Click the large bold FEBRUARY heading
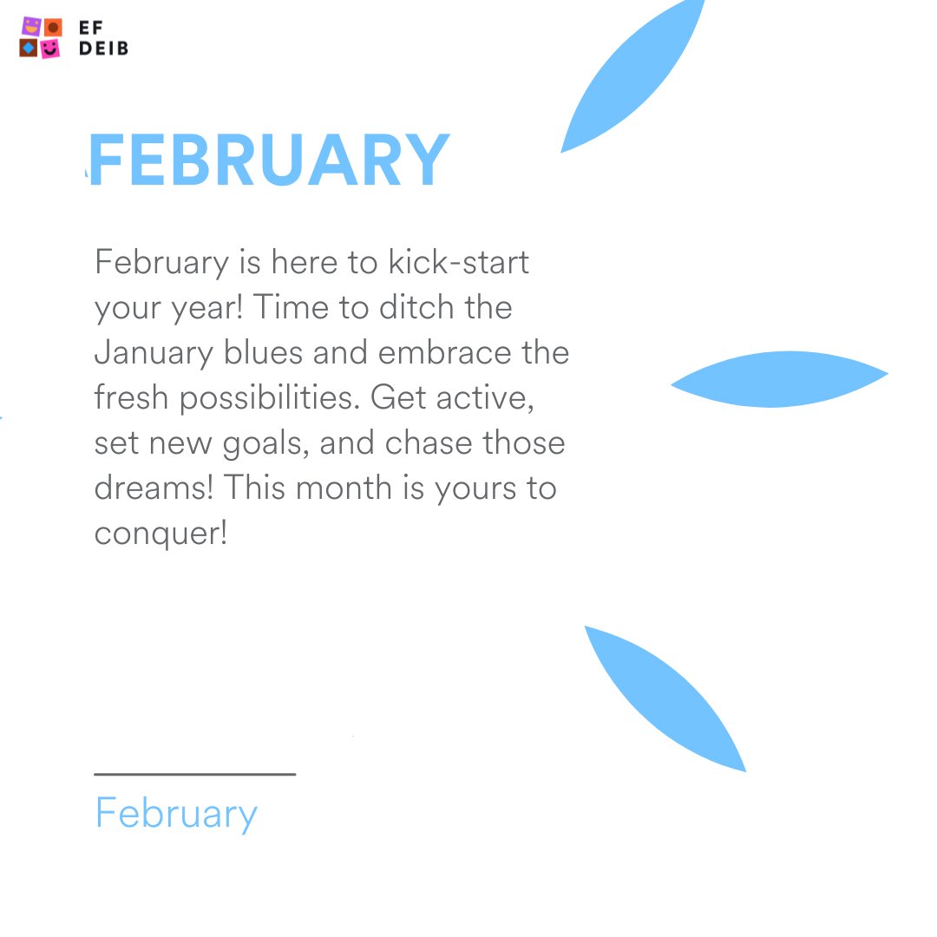269,161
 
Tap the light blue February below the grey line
176,814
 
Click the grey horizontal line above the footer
194,774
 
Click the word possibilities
272,398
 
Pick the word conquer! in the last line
161,534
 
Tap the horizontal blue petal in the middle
779,379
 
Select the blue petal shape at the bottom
664,698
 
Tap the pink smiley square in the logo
51,49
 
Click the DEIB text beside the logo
103,49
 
